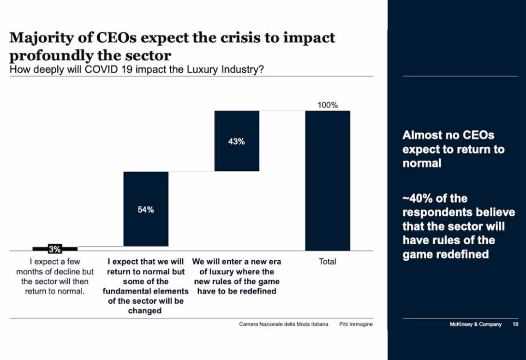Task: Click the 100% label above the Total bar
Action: [327, 105]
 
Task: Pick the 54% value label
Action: [145, 210]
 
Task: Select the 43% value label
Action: [236, 142]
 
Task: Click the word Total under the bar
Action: [327, 262]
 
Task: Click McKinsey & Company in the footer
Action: [475, 324]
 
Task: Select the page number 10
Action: [515, 324]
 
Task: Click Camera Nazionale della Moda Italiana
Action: [283, 324]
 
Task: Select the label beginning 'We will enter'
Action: [236, 276]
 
